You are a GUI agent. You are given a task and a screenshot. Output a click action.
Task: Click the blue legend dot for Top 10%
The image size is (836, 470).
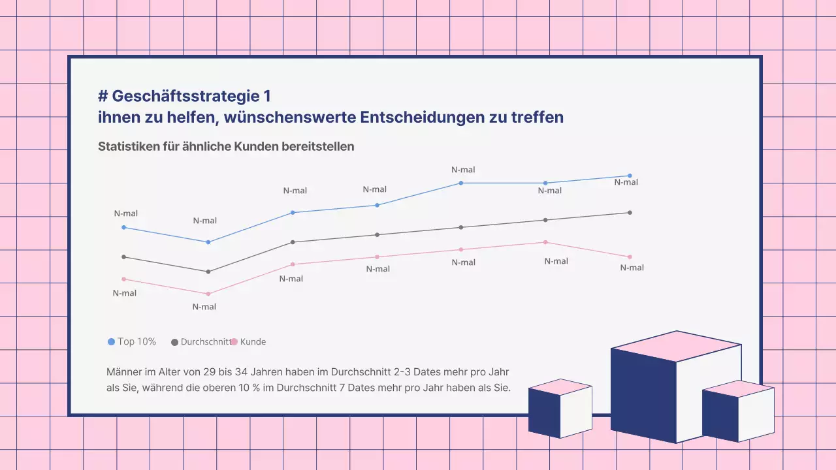pyautogui.click(x=111, y=342)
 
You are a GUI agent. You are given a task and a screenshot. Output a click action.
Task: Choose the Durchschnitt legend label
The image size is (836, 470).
pyautogui.click(x=206, y=341)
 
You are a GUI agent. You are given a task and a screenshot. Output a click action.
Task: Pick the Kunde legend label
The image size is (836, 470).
pyautogui.click(x=253, y=341)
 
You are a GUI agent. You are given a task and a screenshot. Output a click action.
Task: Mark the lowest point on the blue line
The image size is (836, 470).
pyautogui.click(x=208, y=242)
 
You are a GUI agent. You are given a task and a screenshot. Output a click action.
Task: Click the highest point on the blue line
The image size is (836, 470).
pyautogui.click(x=630, y=176)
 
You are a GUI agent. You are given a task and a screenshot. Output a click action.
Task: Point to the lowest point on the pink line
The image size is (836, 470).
pyautogui.click(x=208, y=294)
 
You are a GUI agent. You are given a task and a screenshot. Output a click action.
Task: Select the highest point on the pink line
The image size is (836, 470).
pyautogui.click(x=545, y=242)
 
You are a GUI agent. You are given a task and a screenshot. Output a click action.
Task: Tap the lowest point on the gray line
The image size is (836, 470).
pyautogui.click(x=208, y=272)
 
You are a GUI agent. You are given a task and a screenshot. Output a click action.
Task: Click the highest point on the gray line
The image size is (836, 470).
pyautogui.click(x=630, y=213)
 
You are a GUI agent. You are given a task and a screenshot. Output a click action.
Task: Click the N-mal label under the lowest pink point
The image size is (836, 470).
pyautogui.click(x=204, y=307)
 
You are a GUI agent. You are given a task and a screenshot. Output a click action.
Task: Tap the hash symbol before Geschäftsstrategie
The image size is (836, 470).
pyautogui.click(x=103, y=96)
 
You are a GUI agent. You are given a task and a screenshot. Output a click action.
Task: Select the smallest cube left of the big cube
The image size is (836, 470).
pyautogui.click(x=560, y=408)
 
